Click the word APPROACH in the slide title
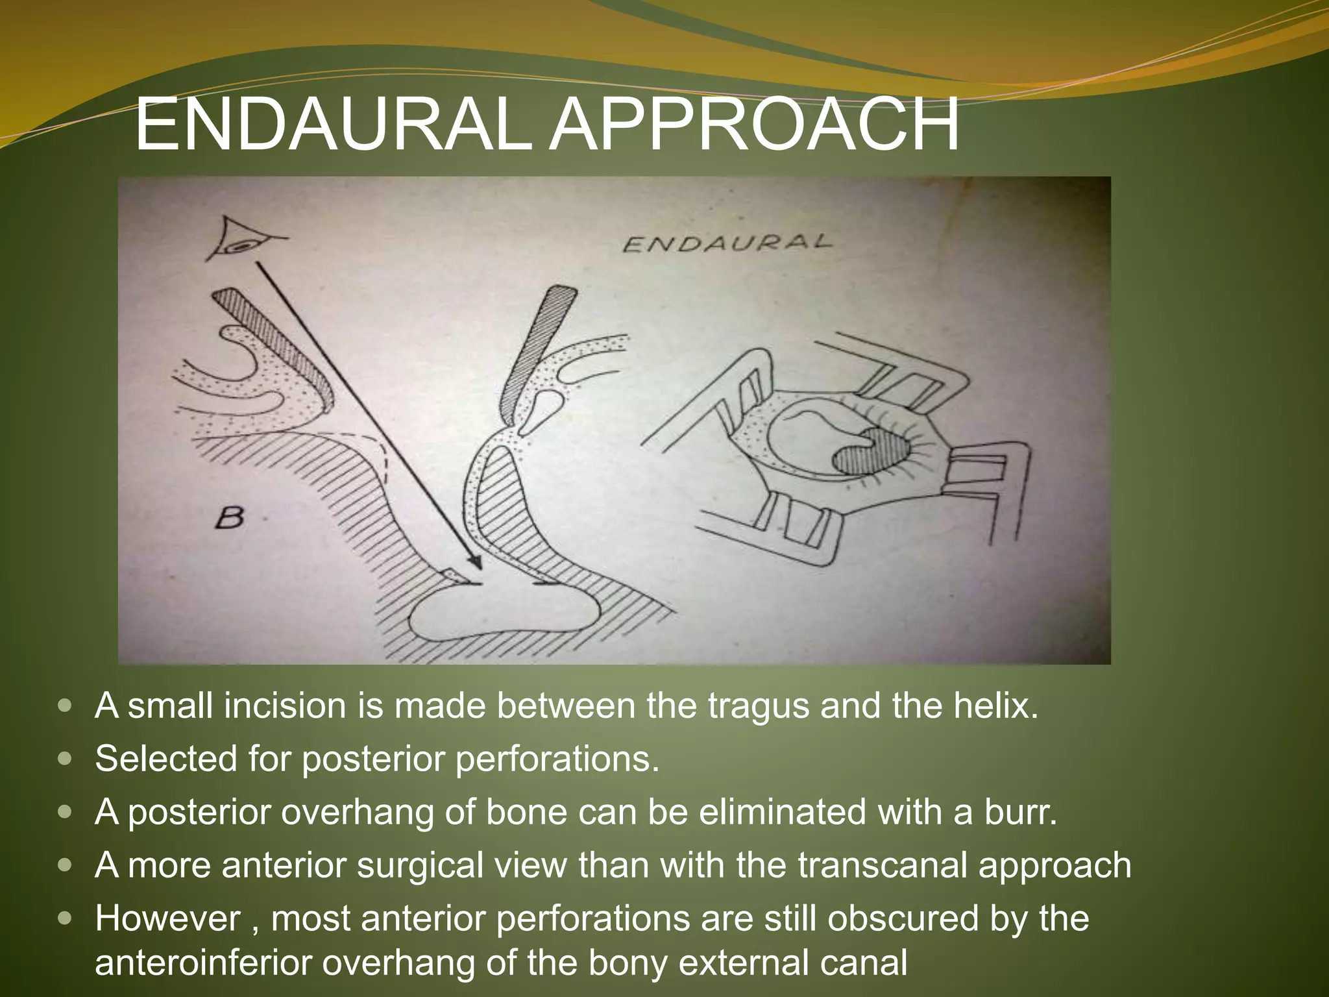click(x=754, y=124)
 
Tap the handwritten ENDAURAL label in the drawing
click(x=727, y=243)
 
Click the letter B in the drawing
click(x=229, y=518)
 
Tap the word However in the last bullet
click(x=167, y=918)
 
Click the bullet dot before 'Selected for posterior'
click(x=65, y=759)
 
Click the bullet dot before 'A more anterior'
click(x=65, y=865)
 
